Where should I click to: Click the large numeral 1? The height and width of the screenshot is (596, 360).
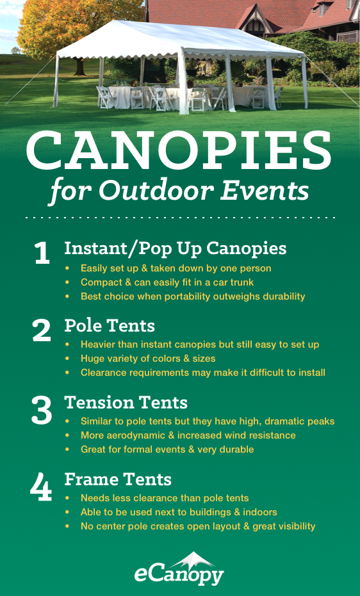[x=42, y=254]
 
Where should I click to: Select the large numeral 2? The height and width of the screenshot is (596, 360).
[x=42, y=330]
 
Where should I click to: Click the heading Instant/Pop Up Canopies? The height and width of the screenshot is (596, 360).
[x=175, y=248]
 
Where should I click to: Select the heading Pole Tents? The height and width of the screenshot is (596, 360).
[x=110, y=325]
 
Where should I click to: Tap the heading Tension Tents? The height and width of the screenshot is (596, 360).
[x=126, y=403]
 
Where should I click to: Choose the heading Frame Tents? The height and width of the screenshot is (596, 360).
[x=119, y=479]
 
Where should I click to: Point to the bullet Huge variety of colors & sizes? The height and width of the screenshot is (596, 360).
[x=148, y=358]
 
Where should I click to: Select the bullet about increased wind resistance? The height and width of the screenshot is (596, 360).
[x=188, y=435]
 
